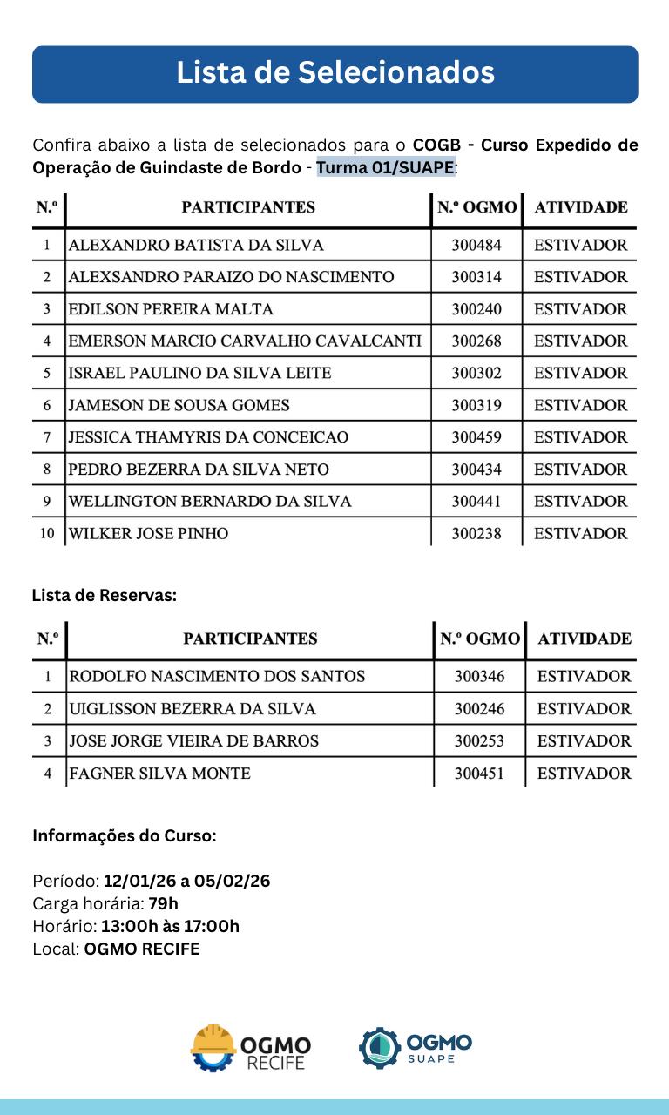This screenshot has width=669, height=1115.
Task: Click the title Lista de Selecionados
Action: [x=335, y=72]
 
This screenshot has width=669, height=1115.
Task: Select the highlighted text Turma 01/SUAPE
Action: [x=386, y=166]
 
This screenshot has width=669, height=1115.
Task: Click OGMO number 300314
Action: [x=476, y=277]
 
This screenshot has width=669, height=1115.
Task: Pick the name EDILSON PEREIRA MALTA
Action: [x=171, y=309]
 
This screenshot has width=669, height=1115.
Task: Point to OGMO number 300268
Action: [x=476, y=341]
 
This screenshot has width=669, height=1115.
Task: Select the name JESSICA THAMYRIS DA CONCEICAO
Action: [x=208, y=437]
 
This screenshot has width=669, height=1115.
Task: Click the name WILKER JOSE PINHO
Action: [x=148, y=533]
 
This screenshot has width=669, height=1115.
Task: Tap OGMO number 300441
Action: [x=476, y=501]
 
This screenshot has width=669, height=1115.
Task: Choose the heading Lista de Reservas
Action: [x=105, y=596]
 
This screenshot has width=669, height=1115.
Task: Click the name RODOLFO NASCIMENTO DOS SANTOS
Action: [x=217, y=676]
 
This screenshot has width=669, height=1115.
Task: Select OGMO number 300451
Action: [x=479, y=773]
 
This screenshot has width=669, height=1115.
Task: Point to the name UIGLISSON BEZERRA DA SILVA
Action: [x=193, y=708]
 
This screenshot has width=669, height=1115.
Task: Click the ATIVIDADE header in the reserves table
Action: [x=585, y=639]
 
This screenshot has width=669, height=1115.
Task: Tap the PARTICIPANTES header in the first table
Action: [x=248, y=207]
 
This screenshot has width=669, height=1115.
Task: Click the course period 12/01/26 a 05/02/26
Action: [x=186, y=881]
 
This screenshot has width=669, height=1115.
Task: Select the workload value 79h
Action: [x=163, y=903]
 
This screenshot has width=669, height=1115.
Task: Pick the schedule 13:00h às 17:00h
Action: [x=170, y=926]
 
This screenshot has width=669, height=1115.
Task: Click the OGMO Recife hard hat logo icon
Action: [x=213, y=1046]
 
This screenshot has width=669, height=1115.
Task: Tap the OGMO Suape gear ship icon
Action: [x=380, y=1047]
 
